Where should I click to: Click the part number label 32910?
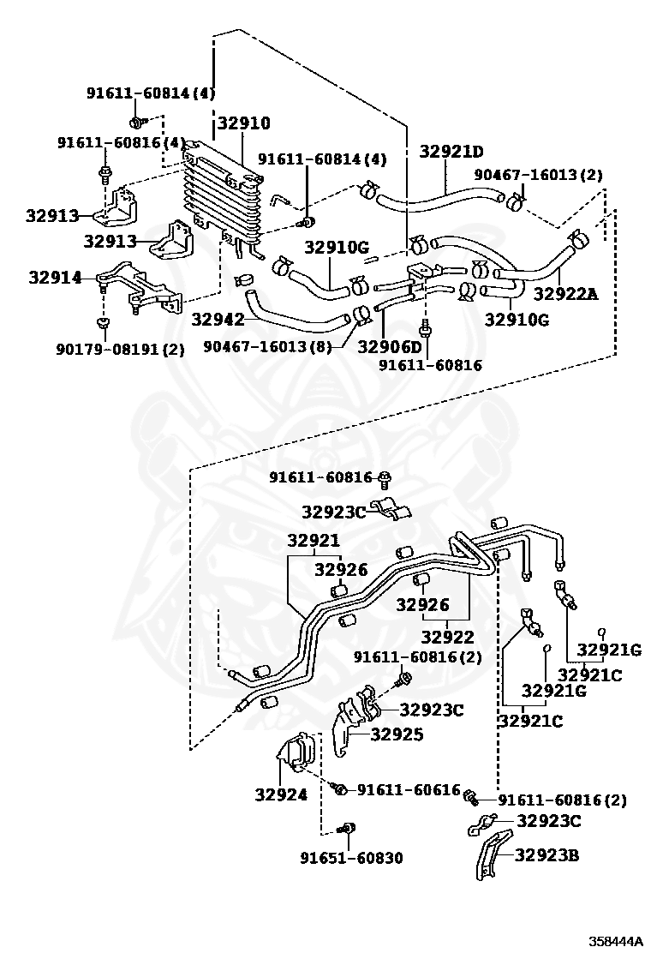[x=244, y=123]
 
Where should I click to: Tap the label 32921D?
[x=451, y=152]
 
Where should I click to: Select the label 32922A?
[x=566, y=295]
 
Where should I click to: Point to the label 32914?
[x=55, y=278]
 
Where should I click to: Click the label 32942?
[x=218, y=319]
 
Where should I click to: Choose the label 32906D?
[x=389, y=346]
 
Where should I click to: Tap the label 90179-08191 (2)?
[x=120, y=350]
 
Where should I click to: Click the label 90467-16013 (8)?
[x=267, y=346]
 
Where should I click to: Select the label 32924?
[x=281, y=794]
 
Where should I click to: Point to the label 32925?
[x=397, y=734]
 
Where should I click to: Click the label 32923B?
[x=547, y=855]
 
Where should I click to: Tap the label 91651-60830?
[x=351, y=858]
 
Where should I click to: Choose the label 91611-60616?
[x=409, y=789]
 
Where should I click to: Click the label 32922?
[x=447, y=637]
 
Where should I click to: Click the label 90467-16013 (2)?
[x=538, y=175]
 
